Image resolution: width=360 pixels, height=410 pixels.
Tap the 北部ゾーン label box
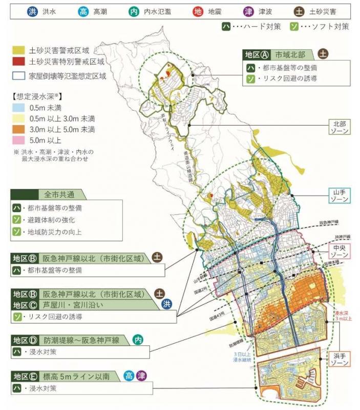(x=339, y=127)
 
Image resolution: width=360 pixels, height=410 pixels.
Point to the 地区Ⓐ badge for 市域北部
(x=256, y=54)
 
